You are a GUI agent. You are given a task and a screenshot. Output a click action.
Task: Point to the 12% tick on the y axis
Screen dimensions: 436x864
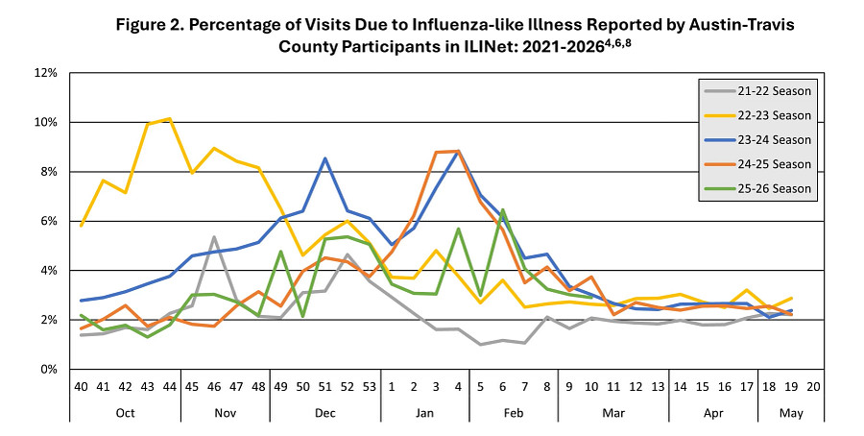point(46,73)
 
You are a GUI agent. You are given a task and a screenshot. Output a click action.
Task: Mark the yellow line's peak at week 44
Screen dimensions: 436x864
point(170,119)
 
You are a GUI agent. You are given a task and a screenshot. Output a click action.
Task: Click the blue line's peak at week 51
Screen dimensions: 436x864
point(326,158)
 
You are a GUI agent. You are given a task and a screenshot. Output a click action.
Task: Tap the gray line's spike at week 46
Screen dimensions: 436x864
point(214,237)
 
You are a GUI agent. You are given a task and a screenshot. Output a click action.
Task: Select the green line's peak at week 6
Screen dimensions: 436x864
point(503,209)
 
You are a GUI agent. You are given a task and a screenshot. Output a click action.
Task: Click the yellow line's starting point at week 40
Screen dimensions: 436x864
point(84,226)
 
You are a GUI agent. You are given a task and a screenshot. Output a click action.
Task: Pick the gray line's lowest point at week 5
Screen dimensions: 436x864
point(481,344)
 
